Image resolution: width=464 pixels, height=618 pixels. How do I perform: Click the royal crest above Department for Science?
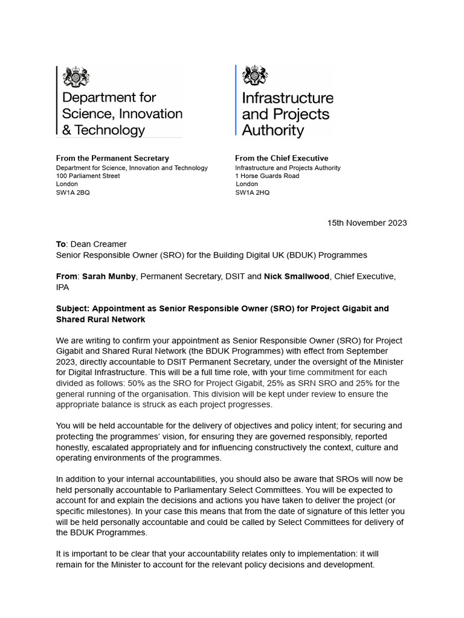pyautogui.click(x=76, y=77)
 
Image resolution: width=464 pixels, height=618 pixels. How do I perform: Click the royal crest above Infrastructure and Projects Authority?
pyautogui.click(x=255, y=77)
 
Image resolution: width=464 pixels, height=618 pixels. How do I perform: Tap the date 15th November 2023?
pyautogui.click(x=367, y=223)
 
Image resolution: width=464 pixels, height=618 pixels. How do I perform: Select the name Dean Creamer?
pyautogui.click(x=98, y=244)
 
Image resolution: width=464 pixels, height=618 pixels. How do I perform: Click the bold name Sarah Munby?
pyautogui.click(x=109, y=276)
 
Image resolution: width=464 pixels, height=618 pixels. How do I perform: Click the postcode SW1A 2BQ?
pyautogui.click(x=73, y=193)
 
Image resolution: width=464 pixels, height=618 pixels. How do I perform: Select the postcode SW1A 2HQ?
pyautogui.click(x=253, y=193)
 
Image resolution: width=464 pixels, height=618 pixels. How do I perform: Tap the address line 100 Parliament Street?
pyautogui.click(x=88, y=176)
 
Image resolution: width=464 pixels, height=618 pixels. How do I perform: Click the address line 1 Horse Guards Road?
pyautogui.click(x=267, y=176)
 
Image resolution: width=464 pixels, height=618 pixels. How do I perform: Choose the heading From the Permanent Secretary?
pyautogui.click(x=112, y=159)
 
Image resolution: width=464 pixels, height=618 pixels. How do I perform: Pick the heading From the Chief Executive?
pyautogui.click(x=282, y=159)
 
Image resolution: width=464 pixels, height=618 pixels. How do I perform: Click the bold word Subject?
pyautogui.click(x=73, y=308)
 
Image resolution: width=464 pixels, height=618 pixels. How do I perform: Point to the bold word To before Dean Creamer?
pyautogui.click(x=60, y=244)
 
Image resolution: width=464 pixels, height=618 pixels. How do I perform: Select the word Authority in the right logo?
pyautogui.click(x=273, y=130)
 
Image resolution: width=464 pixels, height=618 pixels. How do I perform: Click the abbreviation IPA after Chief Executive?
pyautogui.click(x=62, y=287)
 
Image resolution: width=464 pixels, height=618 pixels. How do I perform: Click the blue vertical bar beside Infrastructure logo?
pyautogui.click(x=236, y=101)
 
